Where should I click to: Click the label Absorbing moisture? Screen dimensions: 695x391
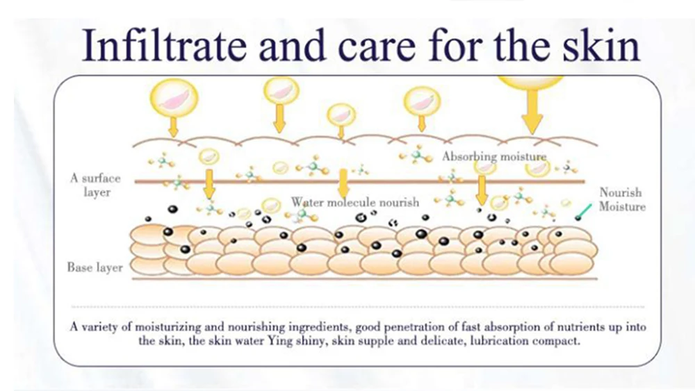(x=495, y=157)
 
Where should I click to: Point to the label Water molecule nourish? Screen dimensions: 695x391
(x=355, y=202)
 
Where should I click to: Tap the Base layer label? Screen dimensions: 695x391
(x=95, y=267)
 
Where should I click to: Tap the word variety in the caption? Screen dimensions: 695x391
(x=101, y=327)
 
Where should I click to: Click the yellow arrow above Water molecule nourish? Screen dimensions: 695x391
(x=342, y=182)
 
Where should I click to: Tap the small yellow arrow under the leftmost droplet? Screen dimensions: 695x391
(x=173, y=126)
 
